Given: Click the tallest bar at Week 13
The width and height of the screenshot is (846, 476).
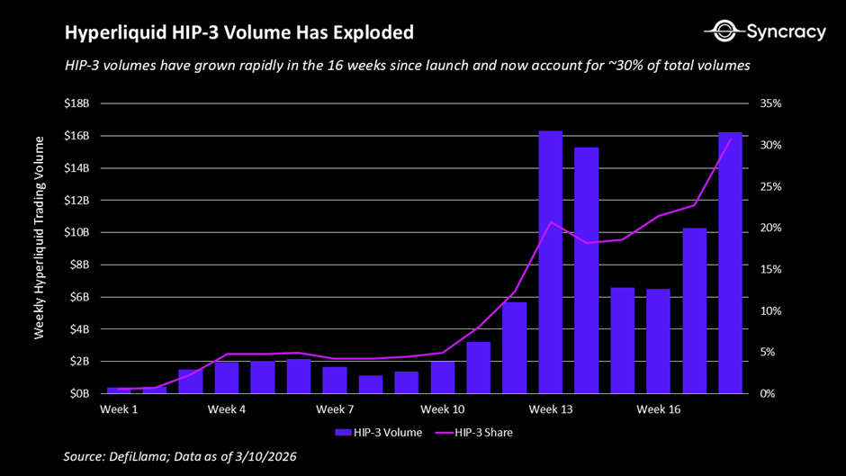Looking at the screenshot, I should [x=551, y=262].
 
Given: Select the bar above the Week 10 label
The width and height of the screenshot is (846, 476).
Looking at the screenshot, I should [x=443, y=377].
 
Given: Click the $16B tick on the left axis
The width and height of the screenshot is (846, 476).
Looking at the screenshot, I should [x=76, y=136].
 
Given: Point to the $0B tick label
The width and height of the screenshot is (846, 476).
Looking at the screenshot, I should [x=79, y=393].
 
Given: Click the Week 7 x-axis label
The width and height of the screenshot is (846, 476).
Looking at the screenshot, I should [x=335, y=410].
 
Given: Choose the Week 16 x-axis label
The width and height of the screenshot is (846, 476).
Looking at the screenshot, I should [x=659, y=410].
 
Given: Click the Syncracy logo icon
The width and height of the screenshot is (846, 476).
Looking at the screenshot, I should [x=724, y=32].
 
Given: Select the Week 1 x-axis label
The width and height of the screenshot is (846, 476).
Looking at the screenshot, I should [x=119, y=410].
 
